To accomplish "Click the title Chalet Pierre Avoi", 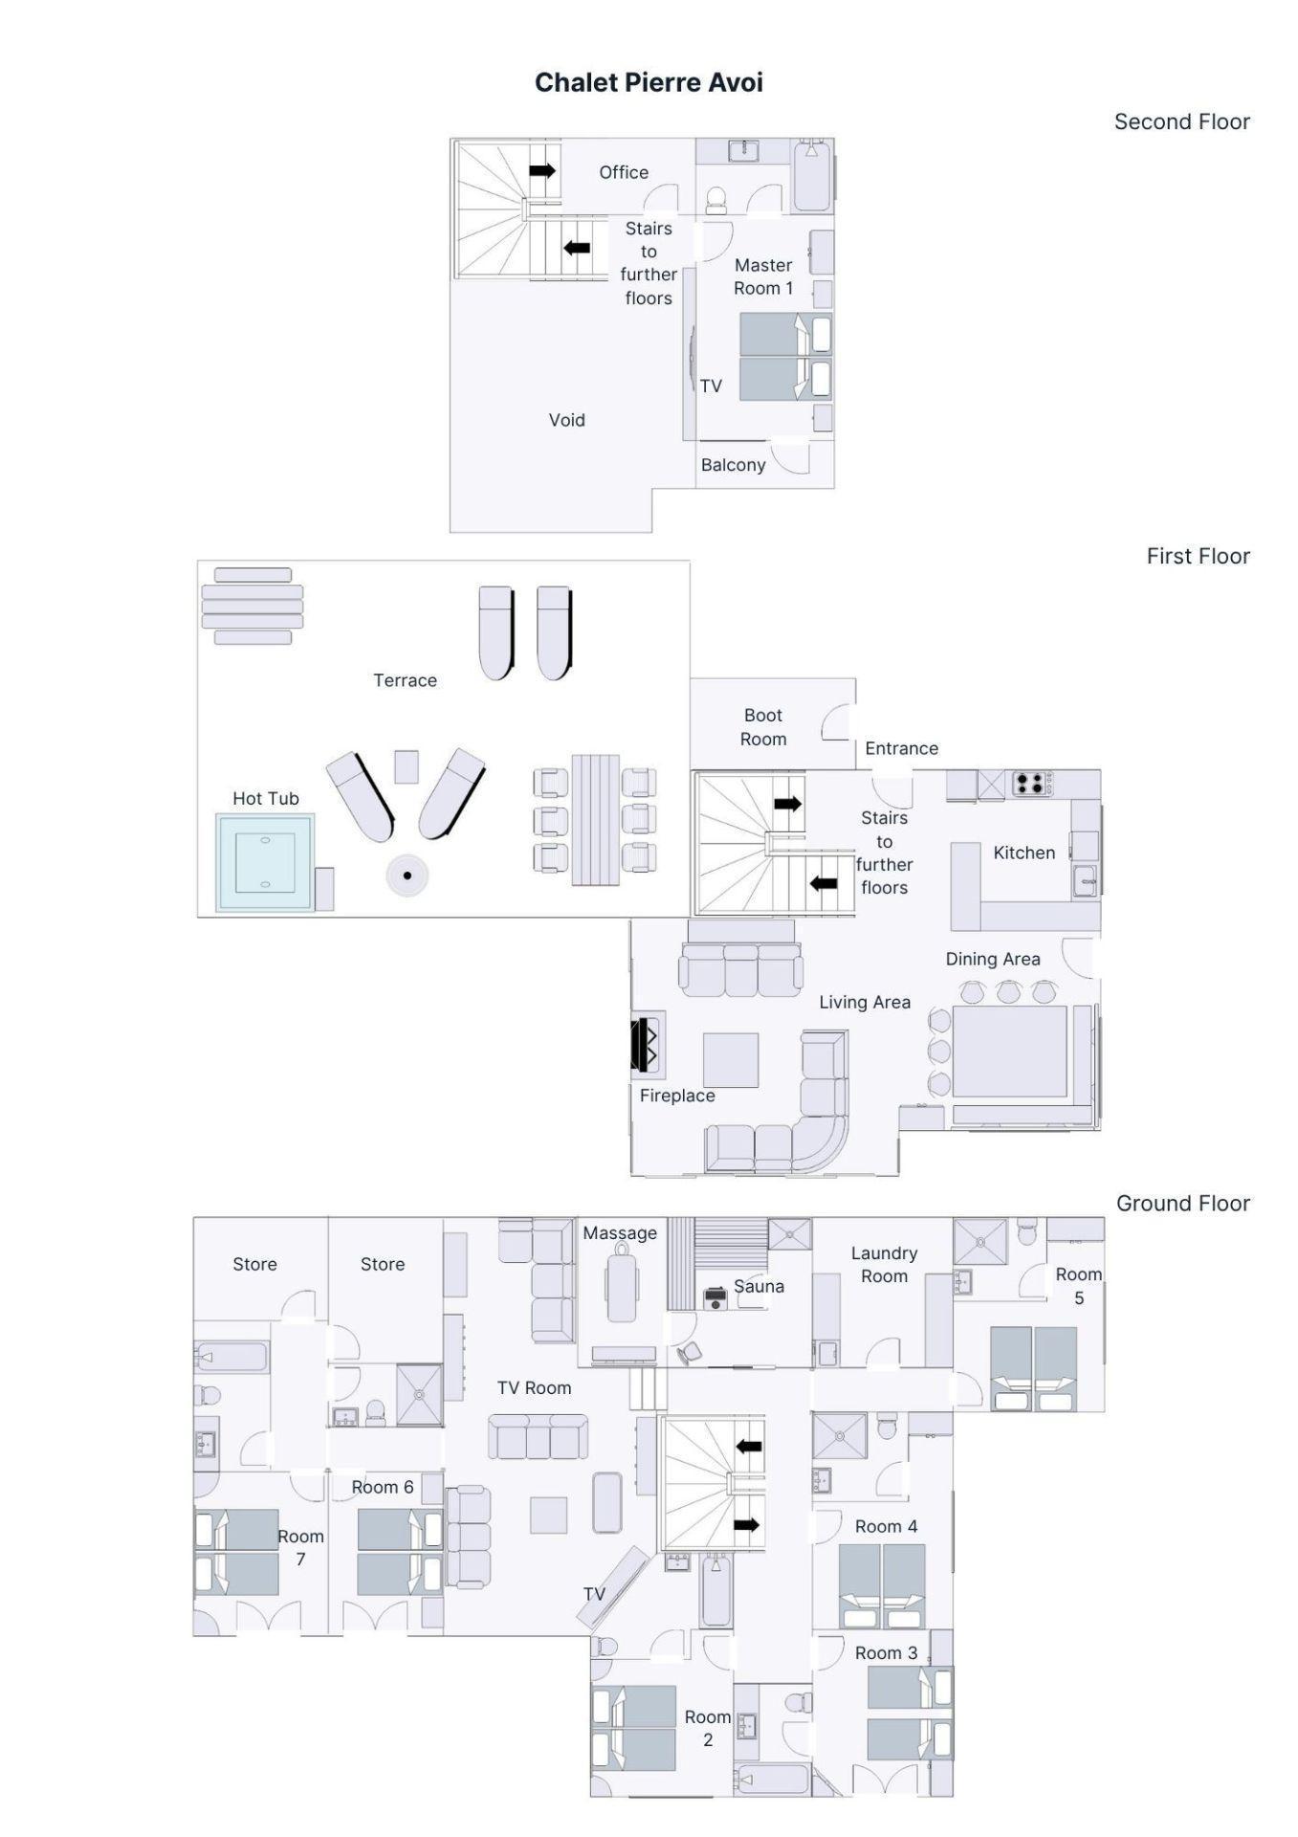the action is click(649, 82).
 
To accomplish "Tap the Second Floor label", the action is click(1181, 122).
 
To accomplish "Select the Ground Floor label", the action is click(1182, 1203).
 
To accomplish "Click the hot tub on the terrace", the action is click(265, 862).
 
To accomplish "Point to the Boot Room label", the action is click(763, 727).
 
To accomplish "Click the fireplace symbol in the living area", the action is click(647, 1045).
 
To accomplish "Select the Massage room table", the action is click(622, 1286).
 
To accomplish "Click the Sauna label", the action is click(759, 1286).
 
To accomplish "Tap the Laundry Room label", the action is click(884, 1264).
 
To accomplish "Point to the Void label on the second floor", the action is click(566, 420).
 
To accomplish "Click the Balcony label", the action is click(733, 465).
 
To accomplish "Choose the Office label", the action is click(624, 172).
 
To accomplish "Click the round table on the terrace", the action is click(407, 874).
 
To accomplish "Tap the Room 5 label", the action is click(1079, 1286).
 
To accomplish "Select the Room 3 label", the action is click(886, 1652).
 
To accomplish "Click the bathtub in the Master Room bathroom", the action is click(812, 175).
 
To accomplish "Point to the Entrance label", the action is click(901, 748).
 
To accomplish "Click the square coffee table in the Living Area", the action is click(731, 1060).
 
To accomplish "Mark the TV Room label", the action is click(534, 1387).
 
